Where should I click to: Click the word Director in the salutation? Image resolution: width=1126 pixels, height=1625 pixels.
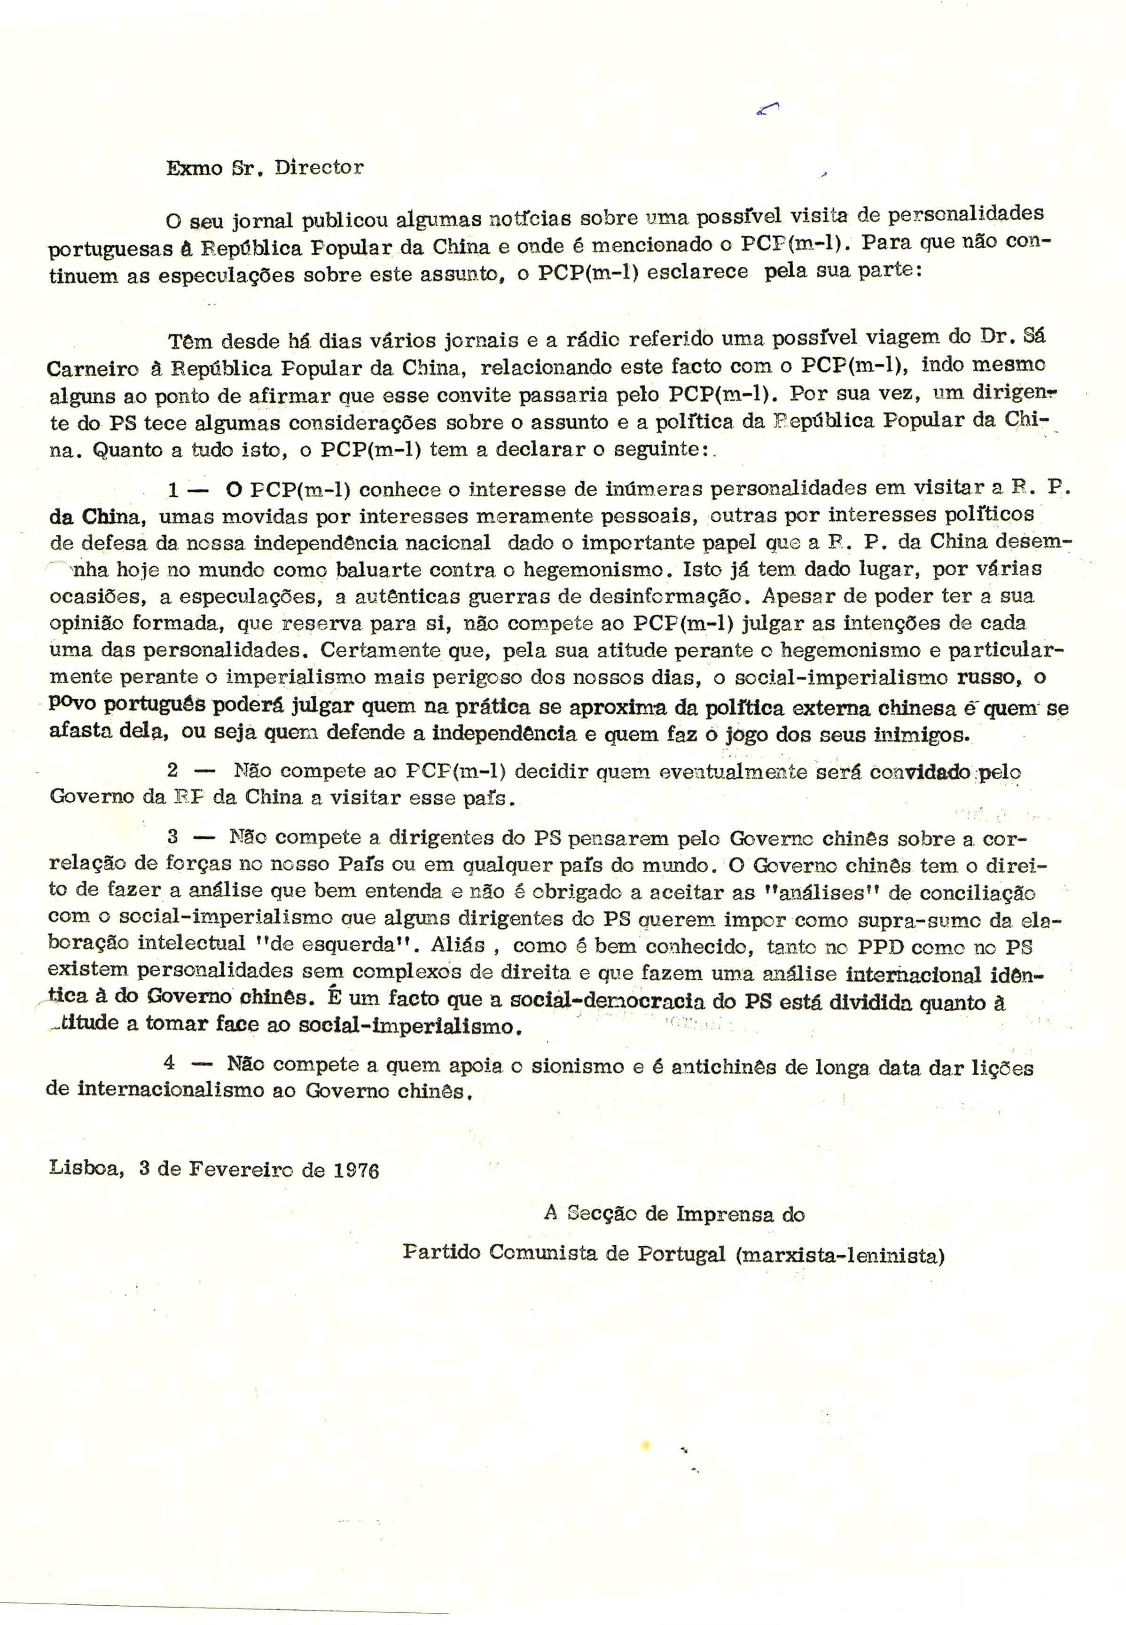click(x=319, y=168)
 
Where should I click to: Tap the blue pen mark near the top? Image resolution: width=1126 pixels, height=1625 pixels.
click(x=767, y=108)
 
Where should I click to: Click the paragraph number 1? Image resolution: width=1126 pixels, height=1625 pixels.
click(x=173, y=489)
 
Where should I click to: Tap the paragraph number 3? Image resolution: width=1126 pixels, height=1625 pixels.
click(x=173, y=837)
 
